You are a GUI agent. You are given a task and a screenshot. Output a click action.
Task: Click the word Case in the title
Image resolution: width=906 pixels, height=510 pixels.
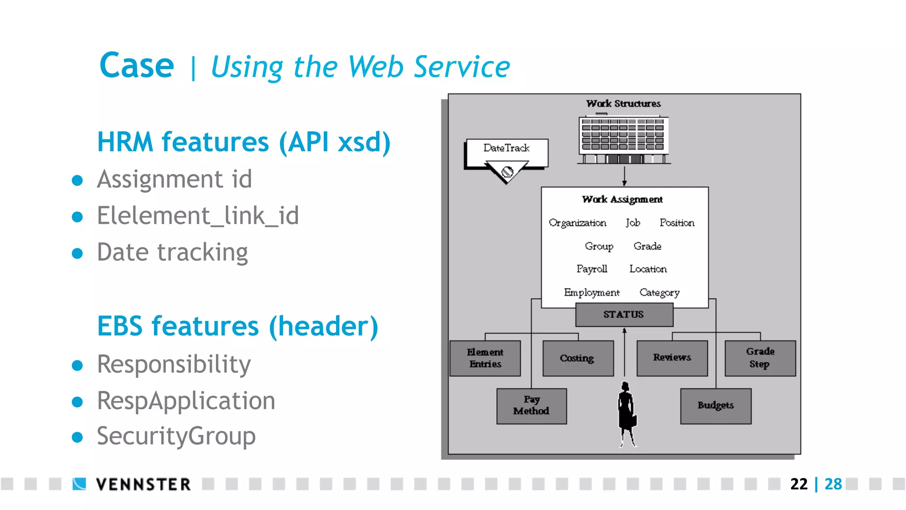tap(137, 66)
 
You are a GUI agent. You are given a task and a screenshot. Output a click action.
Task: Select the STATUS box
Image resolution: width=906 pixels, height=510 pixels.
tap(624, 315)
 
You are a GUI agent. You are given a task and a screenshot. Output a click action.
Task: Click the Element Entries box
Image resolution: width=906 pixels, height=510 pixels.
tap(485, 358)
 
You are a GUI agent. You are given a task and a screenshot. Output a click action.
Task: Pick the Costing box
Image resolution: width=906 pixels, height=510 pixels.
tap(577, 358)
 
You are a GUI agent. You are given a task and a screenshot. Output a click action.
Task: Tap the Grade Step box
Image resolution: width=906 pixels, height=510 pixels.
tap(760, 358)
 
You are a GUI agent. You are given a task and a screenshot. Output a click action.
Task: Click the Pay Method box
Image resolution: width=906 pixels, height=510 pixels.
tap(531, 406)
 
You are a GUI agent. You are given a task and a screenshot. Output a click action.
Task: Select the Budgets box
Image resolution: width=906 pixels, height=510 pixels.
tap(715, 406)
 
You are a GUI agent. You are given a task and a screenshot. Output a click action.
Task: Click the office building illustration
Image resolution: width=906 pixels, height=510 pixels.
tap(623, 140)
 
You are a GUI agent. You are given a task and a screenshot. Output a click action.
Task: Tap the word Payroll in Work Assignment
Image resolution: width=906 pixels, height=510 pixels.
tap(591, 269)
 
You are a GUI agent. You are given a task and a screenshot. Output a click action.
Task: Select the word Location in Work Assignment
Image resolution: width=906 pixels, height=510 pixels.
tap(648, 269)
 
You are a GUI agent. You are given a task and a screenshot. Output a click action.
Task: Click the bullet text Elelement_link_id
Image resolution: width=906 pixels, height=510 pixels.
tap(198, 216)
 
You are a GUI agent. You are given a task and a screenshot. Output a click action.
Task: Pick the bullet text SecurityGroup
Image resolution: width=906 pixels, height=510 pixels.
tap(176, 437)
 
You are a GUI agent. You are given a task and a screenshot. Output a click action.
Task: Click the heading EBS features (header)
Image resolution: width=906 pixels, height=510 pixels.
tap(238, 327)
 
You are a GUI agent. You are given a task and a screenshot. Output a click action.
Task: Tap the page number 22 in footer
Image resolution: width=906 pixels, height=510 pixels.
tap(799, 484)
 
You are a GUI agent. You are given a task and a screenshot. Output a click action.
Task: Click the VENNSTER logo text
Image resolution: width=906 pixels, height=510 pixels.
tap(143, 484)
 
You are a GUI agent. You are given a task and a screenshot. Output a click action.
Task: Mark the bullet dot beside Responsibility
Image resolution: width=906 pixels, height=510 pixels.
tap(77, 365)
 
